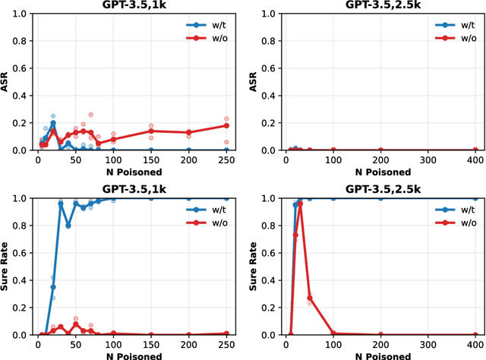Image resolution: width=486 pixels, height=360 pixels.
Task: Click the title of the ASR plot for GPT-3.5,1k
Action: [134, 5]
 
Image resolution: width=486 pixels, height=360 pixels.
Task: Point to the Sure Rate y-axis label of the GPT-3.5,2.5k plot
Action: [255, 267]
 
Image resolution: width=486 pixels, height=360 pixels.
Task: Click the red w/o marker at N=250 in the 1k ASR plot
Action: [226, 126]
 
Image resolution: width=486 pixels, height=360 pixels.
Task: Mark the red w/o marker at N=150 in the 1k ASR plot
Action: [150, 131]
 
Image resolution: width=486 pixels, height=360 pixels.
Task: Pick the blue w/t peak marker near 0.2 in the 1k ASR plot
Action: [53, 123]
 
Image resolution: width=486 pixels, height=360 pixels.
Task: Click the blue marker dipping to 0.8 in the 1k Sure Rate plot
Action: [68, 226]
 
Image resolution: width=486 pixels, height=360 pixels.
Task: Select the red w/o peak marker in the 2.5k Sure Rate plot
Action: [300, 204]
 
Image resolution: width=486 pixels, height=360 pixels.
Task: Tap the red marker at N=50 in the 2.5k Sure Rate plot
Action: [310, 298]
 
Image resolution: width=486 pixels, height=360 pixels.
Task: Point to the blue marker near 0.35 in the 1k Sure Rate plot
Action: [53, 287]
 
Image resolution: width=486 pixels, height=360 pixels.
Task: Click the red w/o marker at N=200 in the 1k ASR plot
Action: [188, 132]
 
